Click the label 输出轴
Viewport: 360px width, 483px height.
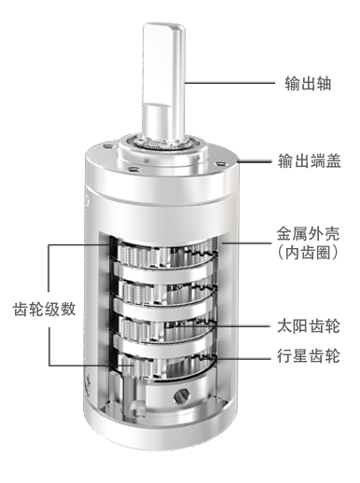308,83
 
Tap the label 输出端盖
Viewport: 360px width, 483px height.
309,161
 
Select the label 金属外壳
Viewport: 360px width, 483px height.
308,234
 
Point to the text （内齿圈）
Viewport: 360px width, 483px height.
308,253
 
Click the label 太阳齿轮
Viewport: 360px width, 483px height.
309,326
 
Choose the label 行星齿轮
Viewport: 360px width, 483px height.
309,355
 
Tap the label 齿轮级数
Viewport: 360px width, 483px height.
44,310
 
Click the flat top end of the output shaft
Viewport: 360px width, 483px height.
164,27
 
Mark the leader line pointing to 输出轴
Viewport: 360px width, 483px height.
229,83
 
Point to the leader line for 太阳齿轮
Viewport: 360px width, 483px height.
218,326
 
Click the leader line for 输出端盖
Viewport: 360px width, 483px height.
254,161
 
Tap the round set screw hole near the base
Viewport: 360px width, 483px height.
182,395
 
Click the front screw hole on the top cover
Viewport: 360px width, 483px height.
133,170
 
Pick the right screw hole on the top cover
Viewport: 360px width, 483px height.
220,163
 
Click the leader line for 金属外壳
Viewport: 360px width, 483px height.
245,242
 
